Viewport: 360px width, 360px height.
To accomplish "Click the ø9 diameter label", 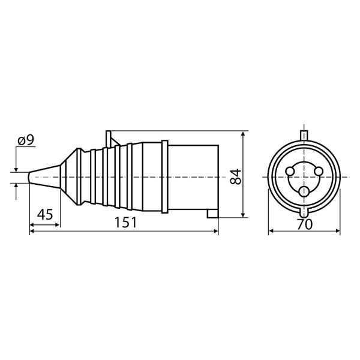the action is coord(26,140).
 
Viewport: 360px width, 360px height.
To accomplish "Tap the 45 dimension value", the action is coord(45,214).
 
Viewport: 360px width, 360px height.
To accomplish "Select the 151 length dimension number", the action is coord(125,222).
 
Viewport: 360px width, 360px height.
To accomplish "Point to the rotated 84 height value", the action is coord(236,176).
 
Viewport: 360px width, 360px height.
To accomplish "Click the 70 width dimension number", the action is coord(304,224).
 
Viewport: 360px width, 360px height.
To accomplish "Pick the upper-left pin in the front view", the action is coord(290,171).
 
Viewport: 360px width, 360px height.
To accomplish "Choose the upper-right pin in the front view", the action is coord(319,171).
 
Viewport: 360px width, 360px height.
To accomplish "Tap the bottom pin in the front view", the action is coord(304,191).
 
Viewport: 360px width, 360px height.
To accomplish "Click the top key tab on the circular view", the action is coord(304,136).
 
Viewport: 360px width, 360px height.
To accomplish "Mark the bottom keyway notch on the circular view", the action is coord(304,212).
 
